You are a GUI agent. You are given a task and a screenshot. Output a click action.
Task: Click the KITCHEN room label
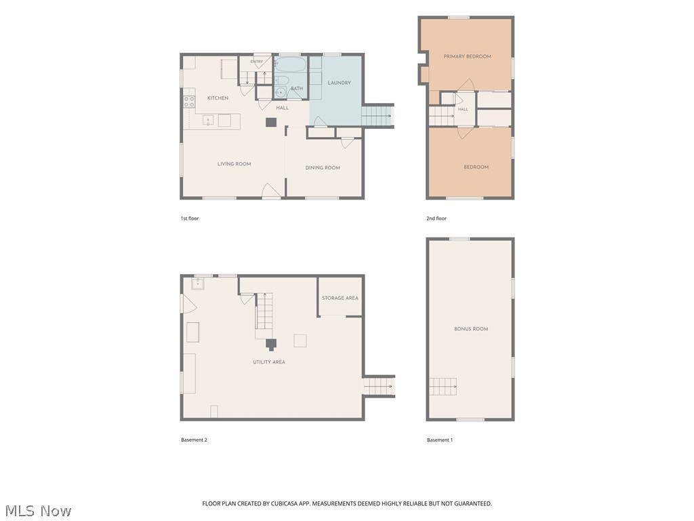[218, 98]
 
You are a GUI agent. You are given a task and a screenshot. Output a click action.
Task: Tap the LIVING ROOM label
[234, 164]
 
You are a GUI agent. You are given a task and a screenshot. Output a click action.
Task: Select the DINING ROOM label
[323, 168]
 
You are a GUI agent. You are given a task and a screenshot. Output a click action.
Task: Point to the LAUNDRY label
[340, 83]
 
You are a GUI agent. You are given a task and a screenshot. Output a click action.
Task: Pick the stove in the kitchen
[190, 102]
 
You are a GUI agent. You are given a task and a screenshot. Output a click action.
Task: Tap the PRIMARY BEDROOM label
[468, 56]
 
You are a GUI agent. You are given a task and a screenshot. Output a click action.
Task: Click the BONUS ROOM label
[471, 329]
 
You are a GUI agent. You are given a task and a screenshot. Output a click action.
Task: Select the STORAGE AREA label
[340, 298]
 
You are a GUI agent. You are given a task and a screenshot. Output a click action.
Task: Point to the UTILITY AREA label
[269, 362]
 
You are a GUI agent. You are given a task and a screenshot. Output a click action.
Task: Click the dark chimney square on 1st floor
[271, 122]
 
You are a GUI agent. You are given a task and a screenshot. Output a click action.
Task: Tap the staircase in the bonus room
[443, 386]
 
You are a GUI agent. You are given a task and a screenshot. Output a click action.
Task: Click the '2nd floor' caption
[436, 218]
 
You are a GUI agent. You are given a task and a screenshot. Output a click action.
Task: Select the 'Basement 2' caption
[194, 440]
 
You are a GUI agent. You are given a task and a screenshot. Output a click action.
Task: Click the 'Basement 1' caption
[439, 440]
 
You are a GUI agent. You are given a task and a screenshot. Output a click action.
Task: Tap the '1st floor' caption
[190, 218]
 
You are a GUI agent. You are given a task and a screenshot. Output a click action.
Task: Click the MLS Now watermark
[38, 511]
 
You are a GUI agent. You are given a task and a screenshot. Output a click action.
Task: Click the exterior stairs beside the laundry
[378, 116]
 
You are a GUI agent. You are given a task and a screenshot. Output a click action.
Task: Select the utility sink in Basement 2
[197, 284]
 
